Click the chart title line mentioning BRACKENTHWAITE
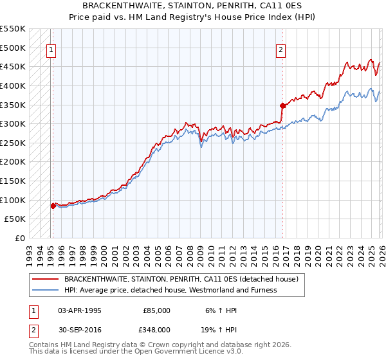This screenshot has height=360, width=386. click(193, 5)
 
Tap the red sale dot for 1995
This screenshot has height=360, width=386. click(53, 206)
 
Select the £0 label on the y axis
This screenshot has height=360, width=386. click(19, 238)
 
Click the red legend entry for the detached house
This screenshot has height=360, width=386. click(181, 280)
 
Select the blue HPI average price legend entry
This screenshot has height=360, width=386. click(170, 290)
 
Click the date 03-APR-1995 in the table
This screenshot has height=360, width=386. click(79, 310)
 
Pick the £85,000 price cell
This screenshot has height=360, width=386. click(156, 310)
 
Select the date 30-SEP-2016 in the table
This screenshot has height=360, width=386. click(79, 329)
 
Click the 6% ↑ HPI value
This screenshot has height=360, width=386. click(221, 310)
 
